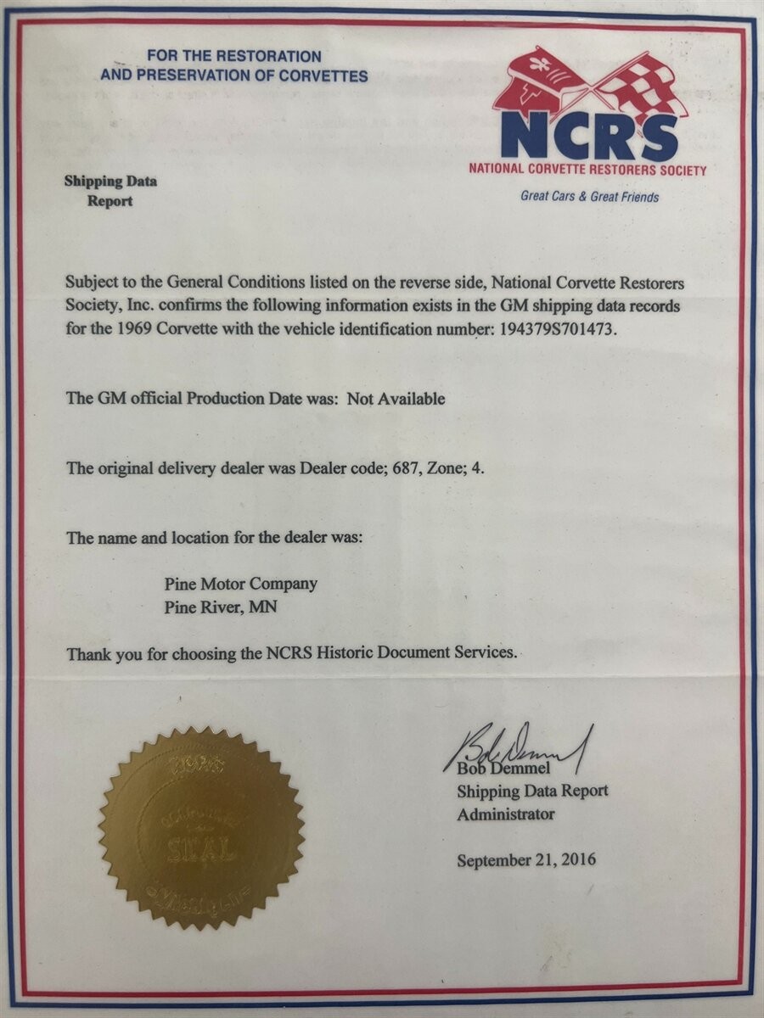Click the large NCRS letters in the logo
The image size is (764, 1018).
[x=588, y=135]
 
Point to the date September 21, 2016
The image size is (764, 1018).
[x=526, y=859]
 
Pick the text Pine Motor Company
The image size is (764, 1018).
[x=240, y=584]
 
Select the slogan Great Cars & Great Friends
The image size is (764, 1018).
[x=589, y=197]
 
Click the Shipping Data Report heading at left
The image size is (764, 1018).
[x=110, y=191]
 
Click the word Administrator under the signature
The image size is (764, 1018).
[x=506, y=814]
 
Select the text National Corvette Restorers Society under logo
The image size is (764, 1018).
[x=587, y=170]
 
